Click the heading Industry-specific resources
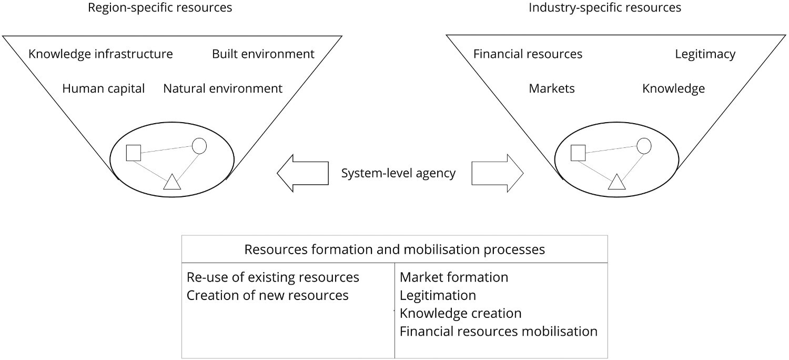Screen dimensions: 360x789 605,8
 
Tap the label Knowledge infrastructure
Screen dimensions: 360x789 100,54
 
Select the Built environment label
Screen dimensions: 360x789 263,54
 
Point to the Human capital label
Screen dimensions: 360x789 103,88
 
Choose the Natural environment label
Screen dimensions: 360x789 222,88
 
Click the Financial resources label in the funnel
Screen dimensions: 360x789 528,54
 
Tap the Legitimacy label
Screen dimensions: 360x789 705,54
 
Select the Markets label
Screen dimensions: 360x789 552,88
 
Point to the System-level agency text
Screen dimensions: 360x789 398,173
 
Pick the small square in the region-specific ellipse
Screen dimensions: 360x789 134,153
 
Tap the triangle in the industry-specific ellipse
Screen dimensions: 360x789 616,182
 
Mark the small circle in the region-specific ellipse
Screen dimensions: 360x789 199,146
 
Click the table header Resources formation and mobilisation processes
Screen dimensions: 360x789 394,249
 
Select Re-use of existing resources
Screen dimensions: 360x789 272,277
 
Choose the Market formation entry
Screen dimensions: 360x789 453,277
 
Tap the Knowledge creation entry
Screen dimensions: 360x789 460,314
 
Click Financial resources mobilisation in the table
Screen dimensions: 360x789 498,332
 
